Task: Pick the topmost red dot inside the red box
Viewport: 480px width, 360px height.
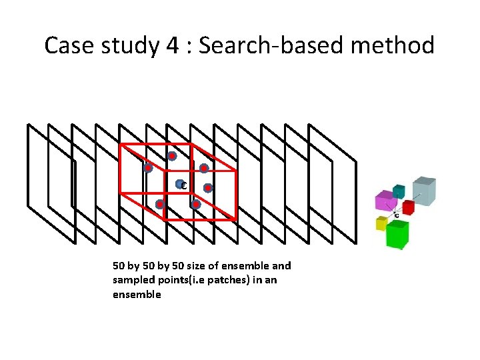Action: pyautogui.click(x=171, y=156)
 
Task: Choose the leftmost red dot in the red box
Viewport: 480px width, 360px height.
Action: pyautogui.click(x=148, y=169)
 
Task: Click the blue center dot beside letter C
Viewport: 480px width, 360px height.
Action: pyautogui.click(x=179, y=183)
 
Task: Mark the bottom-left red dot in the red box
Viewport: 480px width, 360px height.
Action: pyautogui.click(x=160, y=204)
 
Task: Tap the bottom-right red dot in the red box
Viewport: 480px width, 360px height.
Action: pyautogui.click(x=195, y=205)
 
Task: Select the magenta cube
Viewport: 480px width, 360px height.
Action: pyautogui.click(x=385, y=200)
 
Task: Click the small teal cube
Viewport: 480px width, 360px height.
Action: pyautogui.click(x=399, y=191)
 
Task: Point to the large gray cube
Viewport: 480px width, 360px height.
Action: pyautogui.click(x=423, y=191)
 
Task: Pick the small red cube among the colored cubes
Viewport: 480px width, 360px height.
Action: pyautogui.click(x=408, y=207)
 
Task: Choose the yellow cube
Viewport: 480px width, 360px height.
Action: pyautogui.click(x=381, y=223)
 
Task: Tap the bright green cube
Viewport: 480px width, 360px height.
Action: pyautogui.click(x=397, y=234)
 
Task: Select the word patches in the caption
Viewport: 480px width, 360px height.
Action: pyautogui.click(x=231, y=280)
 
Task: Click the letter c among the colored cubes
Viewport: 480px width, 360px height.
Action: pyautogui.click(x=397, y=216)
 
